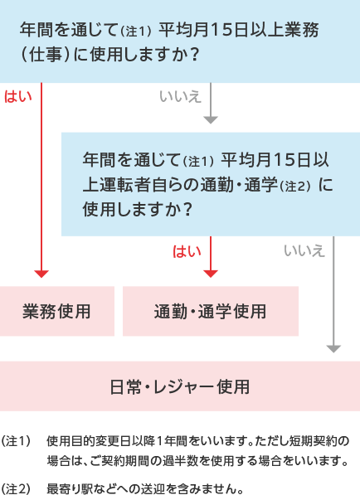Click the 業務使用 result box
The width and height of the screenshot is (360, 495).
click(x=57, y=311)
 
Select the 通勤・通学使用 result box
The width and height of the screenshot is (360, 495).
click(x=211, y=311)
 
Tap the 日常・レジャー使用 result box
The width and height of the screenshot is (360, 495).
click(x=180, y=386)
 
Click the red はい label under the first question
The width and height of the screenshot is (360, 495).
click(x=18, y=96)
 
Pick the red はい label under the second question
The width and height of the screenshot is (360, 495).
click(x=187, y=251)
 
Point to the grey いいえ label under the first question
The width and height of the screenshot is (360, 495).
click(x=180, y=96)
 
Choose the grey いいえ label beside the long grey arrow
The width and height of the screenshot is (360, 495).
click(x=304, y=251)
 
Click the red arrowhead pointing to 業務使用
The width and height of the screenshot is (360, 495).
click(x=41, y=274)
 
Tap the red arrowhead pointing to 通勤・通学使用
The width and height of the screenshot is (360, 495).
click(x=211, y=274)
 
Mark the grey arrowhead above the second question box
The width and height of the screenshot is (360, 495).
click(x=211, y=120)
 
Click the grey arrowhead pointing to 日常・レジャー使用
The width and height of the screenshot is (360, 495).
click(x=333, y=349)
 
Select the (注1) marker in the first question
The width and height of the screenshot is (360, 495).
click(x=136, y=32)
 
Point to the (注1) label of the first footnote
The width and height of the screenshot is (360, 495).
click(x=16, y=441)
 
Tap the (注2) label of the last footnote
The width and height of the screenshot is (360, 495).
click(x=16, y=488)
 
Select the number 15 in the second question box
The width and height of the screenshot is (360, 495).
click(x=284, y=159)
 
